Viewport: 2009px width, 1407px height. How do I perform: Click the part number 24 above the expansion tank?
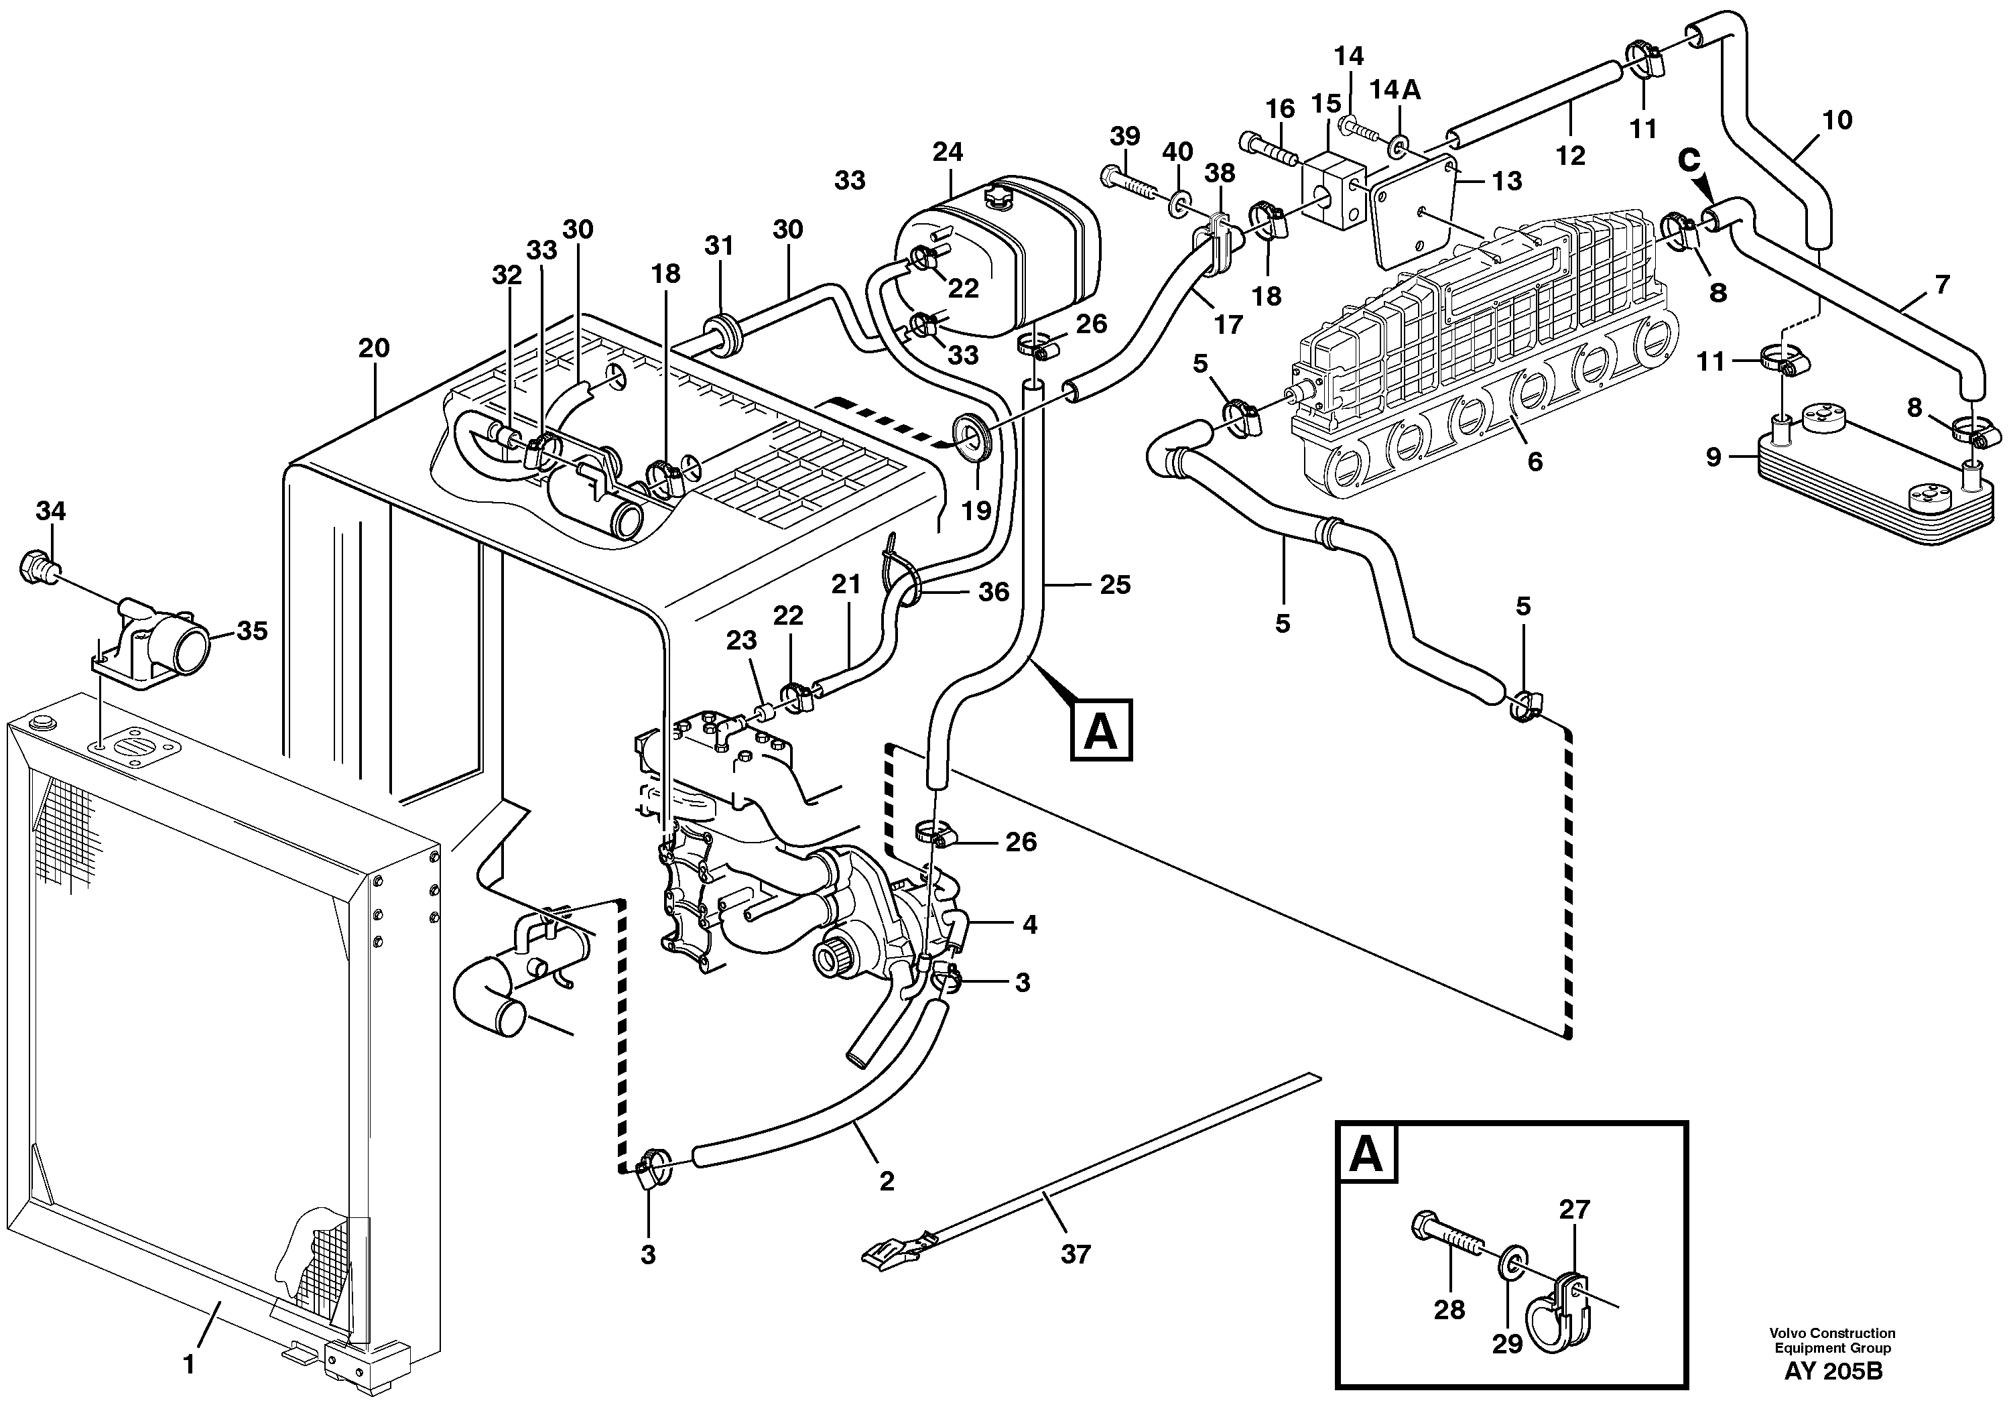tap(947, 152)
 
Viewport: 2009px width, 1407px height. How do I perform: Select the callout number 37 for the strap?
tap(1076, 1255)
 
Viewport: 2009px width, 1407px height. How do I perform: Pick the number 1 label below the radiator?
tap(188, 1365)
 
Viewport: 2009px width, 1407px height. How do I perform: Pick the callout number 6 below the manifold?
tap(1534, 461)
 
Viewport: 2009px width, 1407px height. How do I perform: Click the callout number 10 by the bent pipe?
tap(1837, 120)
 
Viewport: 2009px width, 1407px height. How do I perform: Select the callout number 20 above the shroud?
tap(374, 349)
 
